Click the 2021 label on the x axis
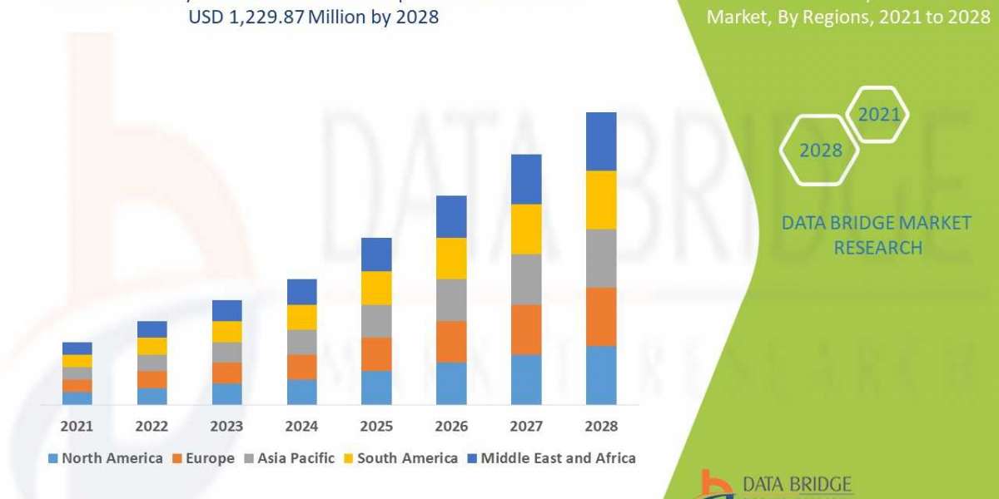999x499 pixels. click(77, 426)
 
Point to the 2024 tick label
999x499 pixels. click(301, 426)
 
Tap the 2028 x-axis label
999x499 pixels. click(601, 426)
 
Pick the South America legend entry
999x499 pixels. click(401, 458)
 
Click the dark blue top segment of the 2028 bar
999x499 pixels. click(601, 141)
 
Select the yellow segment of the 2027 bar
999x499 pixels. click(526, 229)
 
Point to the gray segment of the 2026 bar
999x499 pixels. click(451, 300)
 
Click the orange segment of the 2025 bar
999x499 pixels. click(376, 354)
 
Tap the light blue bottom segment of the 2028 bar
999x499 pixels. click(601, 375)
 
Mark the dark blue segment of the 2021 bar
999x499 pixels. click(77, 348)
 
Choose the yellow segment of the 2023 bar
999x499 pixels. click(226, 332)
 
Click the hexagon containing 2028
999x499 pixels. click(819, 151)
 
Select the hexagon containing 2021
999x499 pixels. click(878, 115)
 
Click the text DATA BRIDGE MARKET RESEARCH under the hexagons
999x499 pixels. click(877, 235)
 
